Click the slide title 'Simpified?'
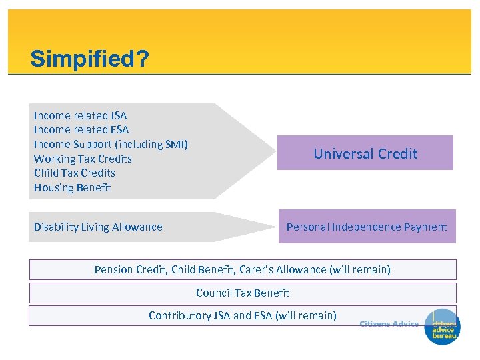tap(89, 59)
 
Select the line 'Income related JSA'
tap(80, 115)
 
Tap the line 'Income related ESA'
tap(81, 130)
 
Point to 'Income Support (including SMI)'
tap(111, 144)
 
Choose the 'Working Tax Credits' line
tap(83, 159)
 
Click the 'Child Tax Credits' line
tap(75, 173)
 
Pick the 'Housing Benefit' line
tap(73, 187)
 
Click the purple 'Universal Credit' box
tap(365, 153)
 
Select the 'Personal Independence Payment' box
tap(367, 227)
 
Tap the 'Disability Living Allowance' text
tap(98, 227)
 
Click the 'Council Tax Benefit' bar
tap(243, 293)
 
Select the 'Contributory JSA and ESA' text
tap(208, 315)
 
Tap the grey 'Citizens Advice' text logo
tap(389, 324)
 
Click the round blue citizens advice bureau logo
tap(442, 329)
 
